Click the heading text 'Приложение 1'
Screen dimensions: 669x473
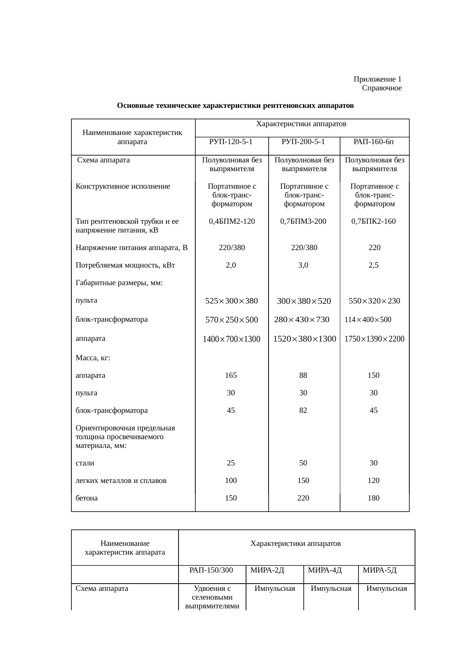coord(377,79)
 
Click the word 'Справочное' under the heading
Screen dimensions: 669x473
coord(381,88)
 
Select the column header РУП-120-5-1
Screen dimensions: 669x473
coord(231,142)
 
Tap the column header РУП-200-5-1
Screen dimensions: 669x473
coord(303,142)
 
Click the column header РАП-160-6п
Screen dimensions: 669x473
coord(373,142)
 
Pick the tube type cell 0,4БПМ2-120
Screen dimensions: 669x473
coord(232,221)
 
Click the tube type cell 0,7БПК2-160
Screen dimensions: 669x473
coord(373,221)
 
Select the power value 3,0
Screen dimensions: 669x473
coord(303,265)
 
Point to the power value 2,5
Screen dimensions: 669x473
coord(373,265)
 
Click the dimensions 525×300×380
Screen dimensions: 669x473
coord(232,301)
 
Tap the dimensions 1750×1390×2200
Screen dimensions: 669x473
coord(374,339)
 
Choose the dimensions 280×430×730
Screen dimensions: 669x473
coord(301,319)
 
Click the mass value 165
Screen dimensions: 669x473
coord(231,375)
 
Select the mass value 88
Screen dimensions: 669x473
coord(303,375)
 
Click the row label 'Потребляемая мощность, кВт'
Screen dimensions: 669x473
coord(125,265)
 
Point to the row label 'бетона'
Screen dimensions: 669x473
coord(87,498)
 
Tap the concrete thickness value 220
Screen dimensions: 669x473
coord(303,498)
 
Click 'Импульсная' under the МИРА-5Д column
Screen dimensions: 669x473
coord(386,589)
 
